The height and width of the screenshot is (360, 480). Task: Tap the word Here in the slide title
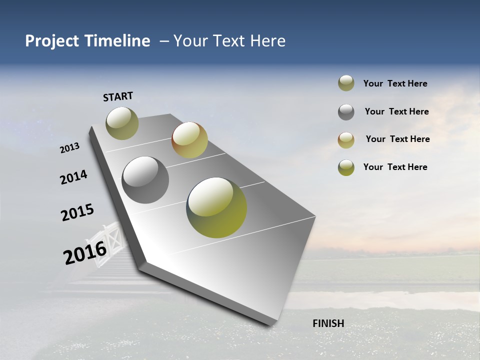click(x=267, y=41)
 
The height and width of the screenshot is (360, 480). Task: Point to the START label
click(x=118, y=96)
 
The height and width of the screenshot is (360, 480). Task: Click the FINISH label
click(x=328, y=323)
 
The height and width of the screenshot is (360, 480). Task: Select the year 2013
click(x=70, y=148)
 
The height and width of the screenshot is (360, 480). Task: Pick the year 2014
click(x=74, y=177)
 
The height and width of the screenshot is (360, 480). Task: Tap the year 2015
click(x=77, y=212)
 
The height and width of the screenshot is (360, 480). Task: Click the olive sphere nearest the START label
click(x=122, y=123)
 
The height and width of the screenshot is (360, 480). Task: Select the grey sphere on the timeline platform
click(x=145, y=180)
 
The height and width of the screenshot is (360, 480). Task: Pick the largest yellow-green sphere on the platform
click(x=216, y=207)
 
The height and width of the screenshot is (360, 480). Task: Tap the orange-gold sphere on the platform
click(x=189, y=140)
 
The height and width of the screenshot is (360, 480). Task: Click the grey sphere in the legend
click(x=346, y=112)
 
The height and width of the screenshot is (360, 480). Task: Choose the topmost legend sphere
click(x=346, y=83)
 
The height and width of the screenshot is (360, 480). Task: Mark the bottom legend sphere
click(x=346, y=167)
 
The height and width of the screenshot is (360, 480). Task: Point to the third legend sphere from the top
click(x=346, y=140)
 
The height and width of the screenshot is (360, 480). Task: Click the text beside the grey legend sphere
click(x=396, y=111)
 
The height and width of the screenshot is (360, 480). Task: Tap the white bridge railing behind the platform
click(x=111, y=240)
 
